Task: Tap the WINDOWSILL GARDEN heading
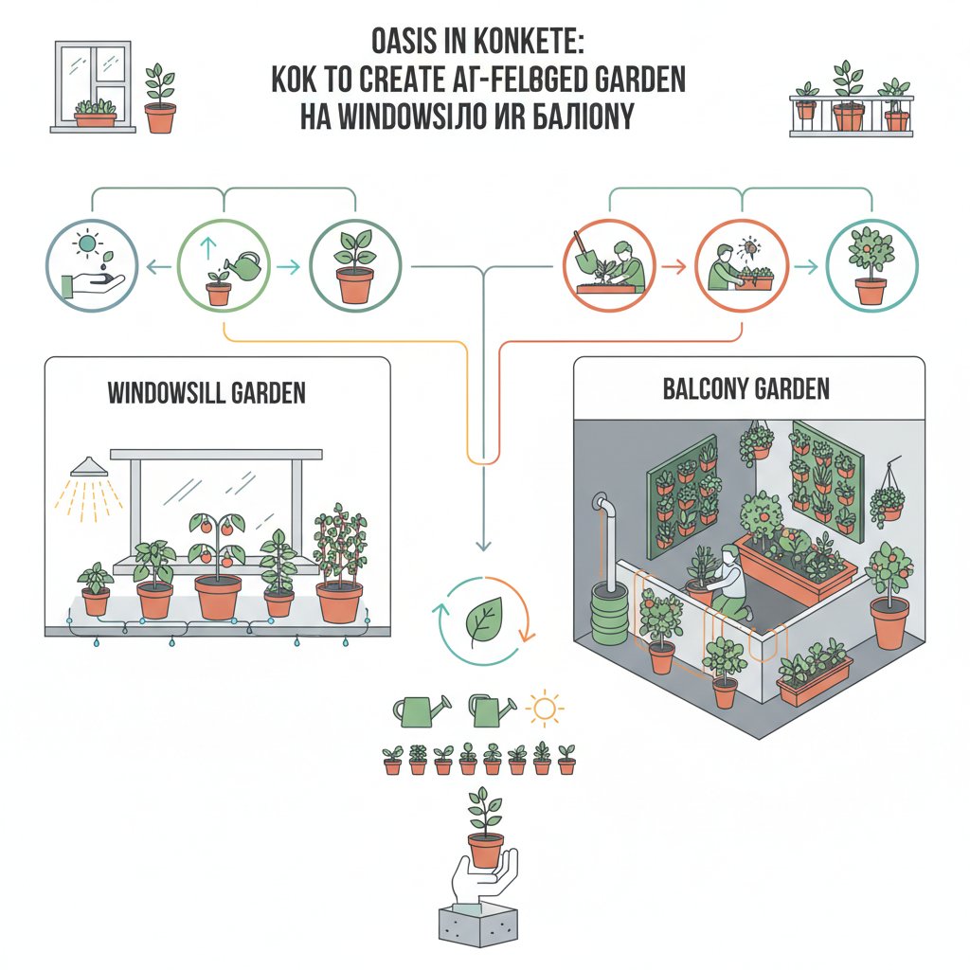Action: click(207, 391)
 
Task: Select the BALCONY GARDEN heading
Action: click(748, 388)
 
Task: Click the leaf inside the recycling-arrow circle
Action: click(483, 621)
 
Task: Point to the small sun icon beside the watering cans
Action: click(545, 709)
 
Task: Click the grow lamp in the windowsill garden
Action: click(88, 468)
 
